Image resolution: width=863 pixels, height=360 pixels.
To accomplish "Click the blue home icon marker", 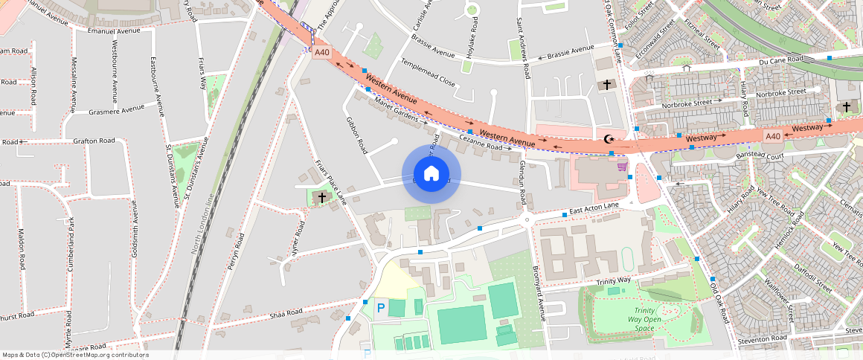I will point(431,174).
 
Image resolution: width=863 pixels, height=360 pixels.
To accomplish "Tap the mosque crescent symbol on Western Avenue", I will point(609,139).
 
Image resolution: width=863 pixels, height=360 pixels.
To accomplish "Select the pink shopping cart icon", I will point(621,167).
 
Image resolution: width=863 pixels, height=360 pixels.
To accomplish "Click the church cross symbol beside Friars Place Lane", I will point(321,197).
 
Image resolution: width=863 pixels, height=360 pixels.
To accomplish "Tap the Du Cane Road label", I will point(781,60).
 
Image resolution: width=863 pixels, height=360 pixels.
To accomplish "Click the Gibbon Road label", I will point(356,135).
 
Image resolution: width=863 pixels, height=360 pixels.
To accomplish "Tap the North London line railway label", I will point(202,223).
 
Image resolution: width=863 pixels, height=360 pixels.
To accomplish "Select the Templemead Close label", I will point(428,71).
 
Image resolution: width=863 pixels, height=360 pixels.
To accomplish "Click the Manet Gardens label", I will point(397,110).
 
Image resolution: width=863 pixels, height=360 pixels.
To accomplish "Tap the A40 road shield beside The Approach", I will point(321,53).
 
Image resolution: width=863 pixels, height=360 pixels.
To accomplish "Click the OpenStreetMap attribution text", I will point(74,355).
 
